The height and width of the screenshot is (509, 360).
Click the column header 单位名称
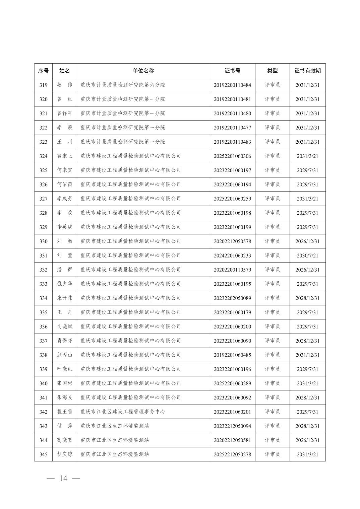pos(143,71)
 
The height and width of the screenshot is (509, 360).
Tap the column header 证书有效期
pos(307,71)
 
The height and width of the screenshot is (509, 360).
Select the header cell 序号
pos(43,71)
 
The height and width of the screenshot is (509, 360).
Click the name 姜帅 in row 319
pos(65,85)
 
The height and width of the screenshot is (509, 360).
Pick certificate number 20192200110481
pos(232,99)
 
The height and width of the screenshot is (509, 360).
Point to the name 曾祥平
pos(65,113)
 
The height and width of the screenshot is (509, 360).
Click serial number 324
pos(43,156)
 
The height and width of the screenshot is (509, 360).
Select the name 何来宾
pos(65,170)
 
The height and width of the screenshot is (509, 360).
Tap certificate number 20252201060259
pos(232,199)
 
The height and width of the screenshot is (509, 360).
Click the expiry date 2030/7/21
pos(307,256)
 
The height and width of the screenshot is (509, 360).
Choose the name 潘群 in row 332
pos(65,270)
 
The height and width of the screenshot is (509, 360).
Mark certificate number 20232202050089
pos(232,298)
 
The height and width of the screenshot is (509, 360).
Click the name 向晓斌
pos(65,326)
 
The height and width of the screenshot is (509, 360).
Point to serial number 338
pos(43,355)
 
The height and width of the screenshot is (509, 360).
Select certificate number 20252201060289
pos(232,383)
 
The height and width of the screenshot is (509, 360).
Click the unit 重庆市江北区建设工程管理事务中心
pos(123,412)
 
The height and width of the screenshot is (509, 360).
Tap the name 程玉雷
pos(65,412)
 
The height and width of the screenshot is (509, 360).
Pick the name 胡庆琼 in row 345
pos(65,454)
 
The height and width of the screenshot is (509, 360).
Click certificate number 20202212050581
pos(232,440)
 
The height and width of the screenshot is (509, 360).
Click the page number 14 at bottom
pos(63,479)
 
